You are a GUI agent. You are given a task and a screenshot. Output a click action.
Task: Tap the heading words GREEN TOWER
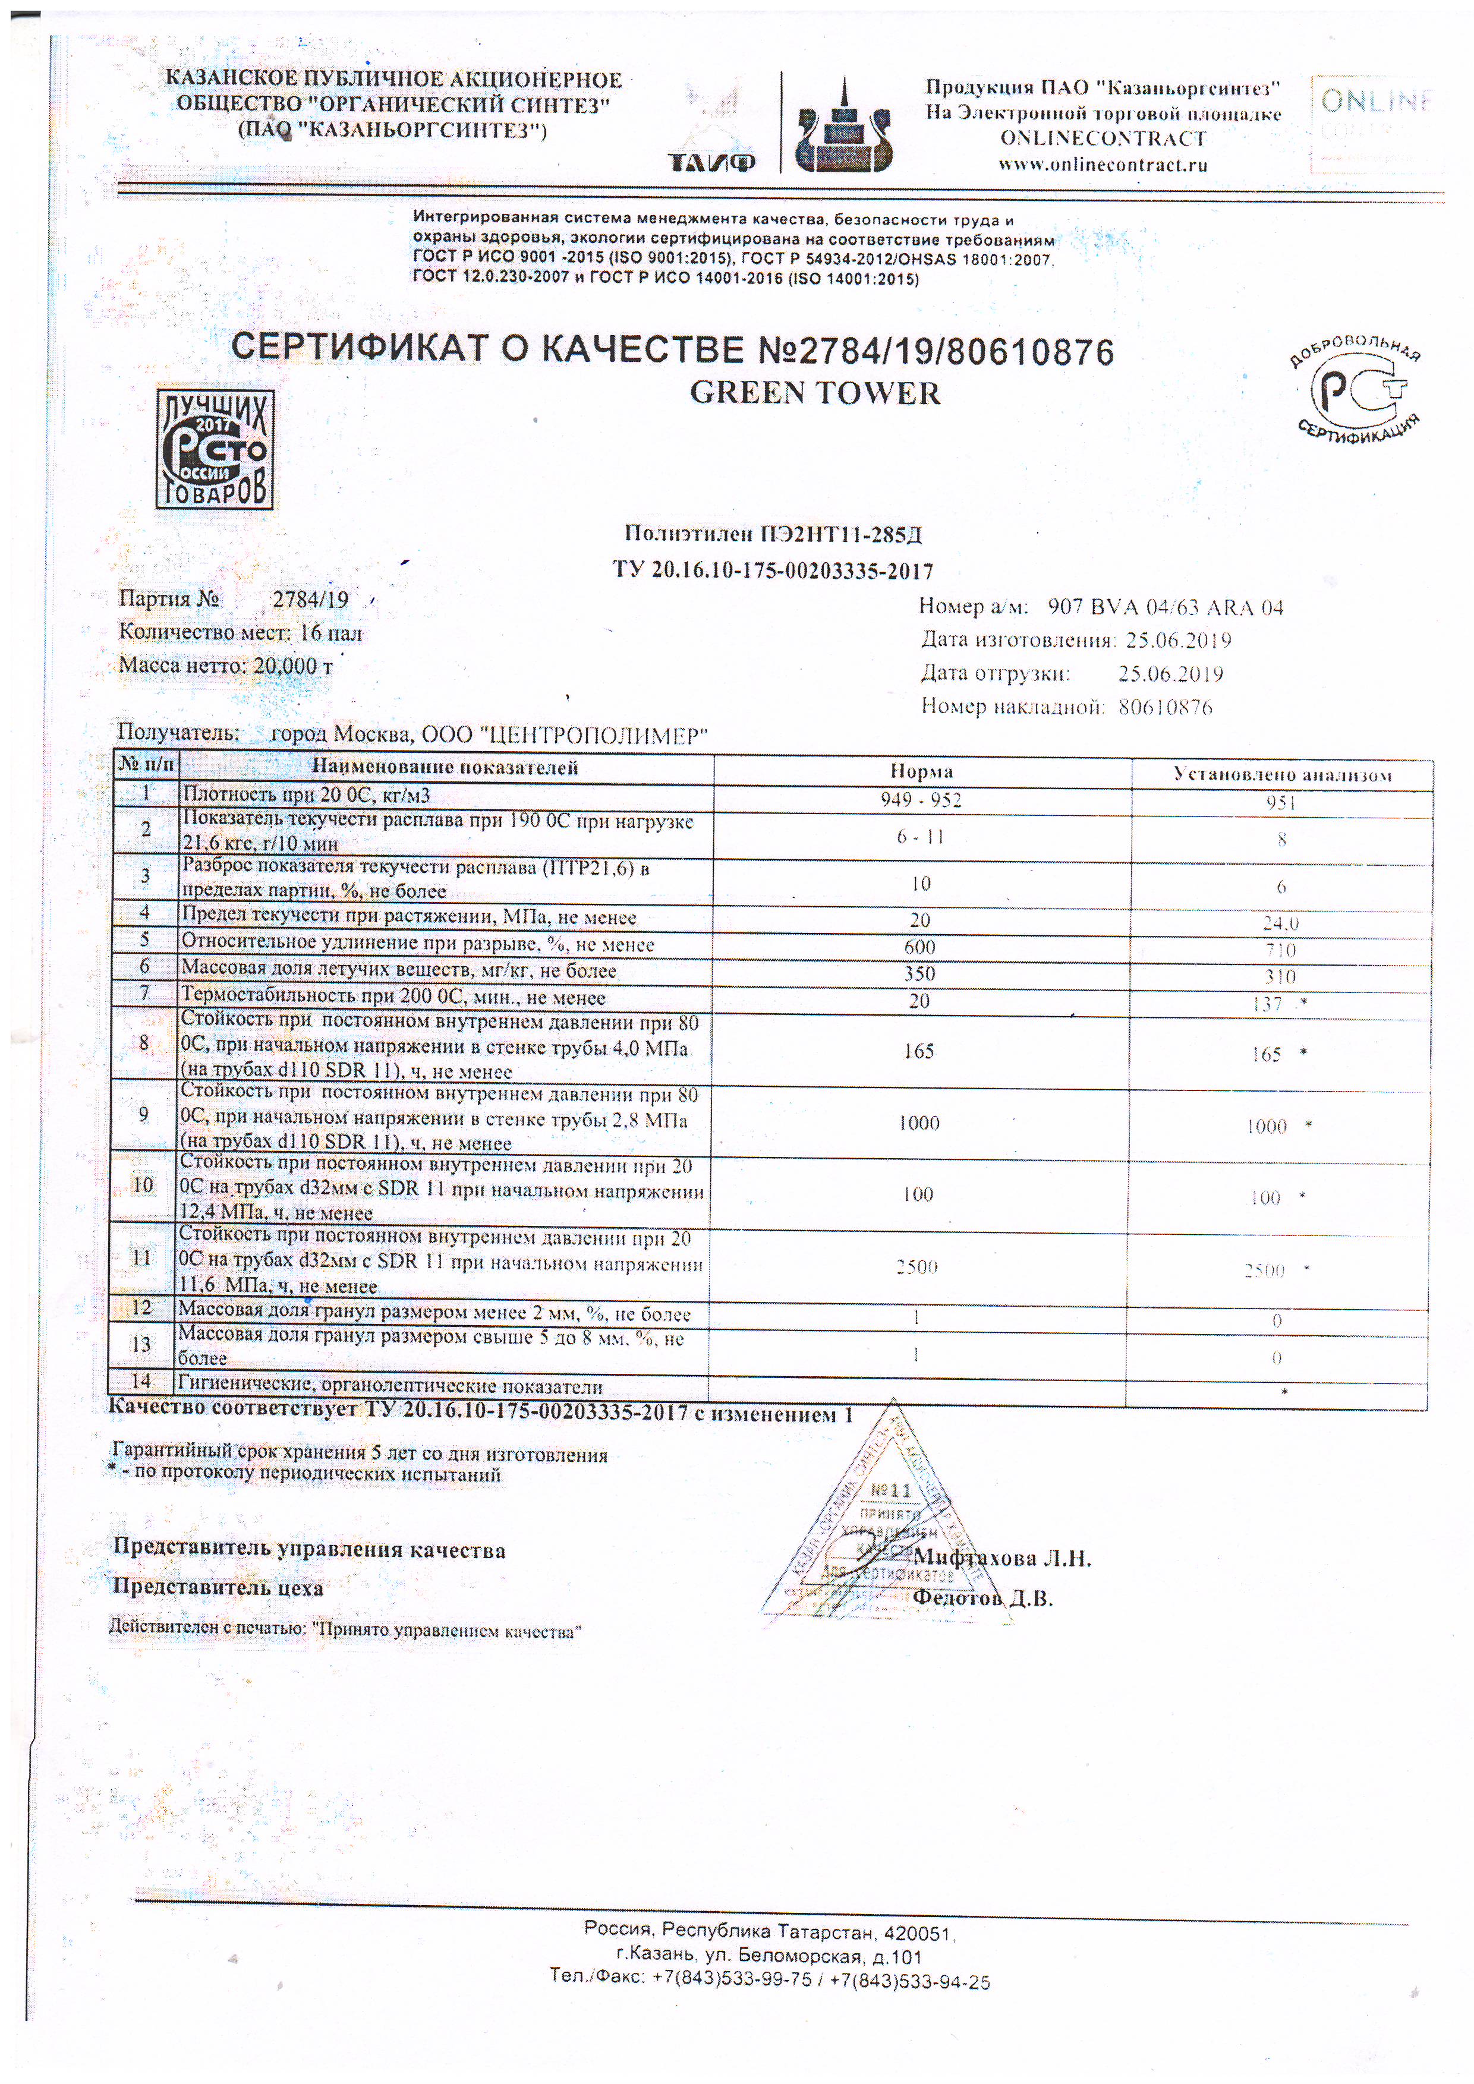(x=815, y=393)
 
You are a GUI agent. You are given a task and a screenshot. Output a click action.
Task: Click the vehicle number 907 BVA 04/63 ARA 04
(x=1166, y=607)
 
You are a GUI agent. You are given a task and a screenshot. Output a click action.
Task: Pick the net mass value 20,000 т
(x=293, y=666)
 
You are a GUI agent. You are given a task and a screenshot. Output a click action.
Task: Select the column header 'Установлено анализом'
(x=1281, y=774)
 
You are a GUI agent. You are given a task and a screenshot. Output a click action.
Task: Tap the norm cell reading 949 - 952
(x=920, y=800)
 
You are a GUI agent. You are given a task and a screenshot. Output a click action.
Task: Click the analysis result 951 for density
(x=1281, y=802)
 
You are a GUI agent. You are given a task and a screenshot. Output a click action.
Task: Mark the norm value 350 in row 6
(x=919, y=974)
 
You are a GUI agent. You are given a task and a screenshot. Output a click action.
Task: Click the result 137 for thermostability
(x=1265, y=1004)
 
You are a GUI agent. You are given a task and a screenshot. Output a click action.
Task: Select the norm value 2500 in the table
(x=916, y=1266)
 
